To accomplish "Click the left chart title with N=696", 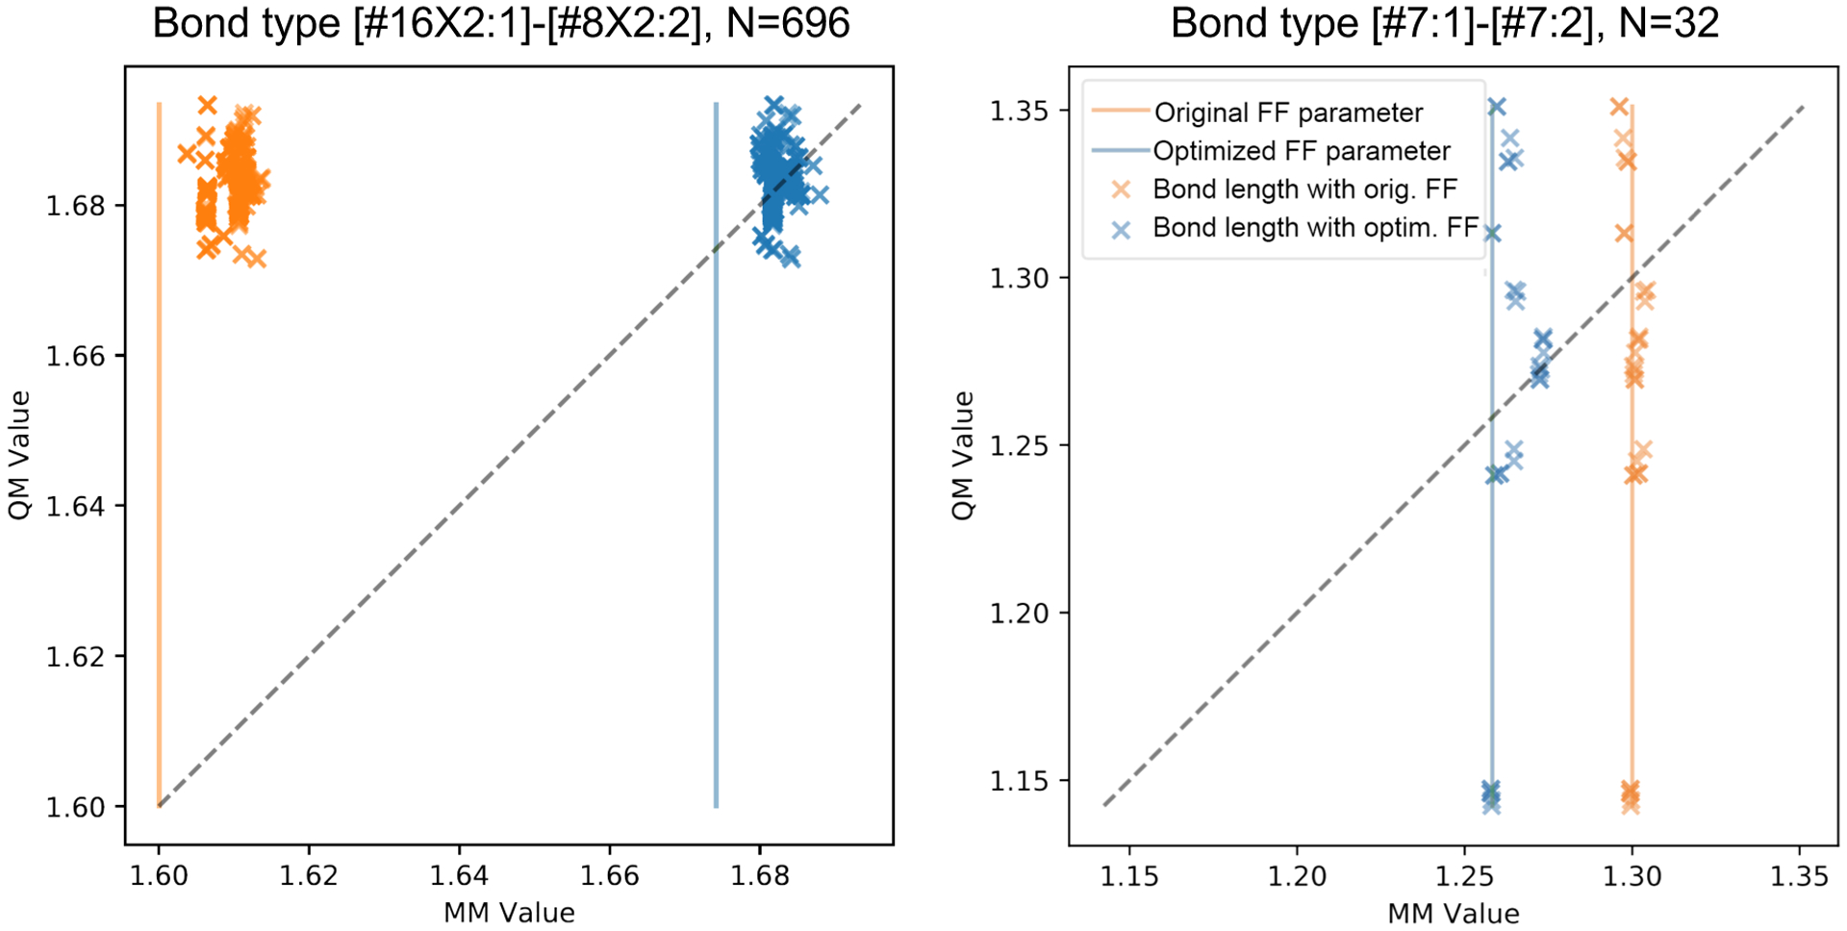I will (x=501, y=23).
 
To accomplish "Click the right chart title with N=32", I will (x=1444, y=23).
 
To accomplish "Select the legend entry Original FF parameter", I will (x=1288, y=113).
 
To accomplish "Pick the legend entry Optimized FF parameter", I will (x=1302, y=151).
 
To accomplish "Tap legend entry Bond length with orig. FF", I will (x=1304, y=189).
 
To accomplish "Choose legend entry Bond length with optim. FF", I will (x=1315, y=228).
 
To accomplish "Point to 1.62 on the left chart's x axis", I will (x=309, y=876).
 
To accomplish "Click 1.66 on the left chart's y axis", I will (x=76, y=357).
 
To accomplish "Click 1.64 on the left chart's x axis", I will (x=459, y=876).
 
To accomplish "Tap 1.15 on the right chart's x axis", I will (x=1129, y=876).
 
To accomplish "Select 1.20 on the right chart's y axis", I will (x=1020, y=614).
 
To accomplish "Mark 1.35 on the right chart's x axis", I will (x=1800, y=876).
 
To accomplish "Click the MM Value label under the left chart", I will (x=509, y=913).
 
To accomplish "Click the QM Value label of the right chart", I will (x=963, y=456).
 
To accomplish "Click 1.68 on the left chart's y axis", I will (x=76, y=206).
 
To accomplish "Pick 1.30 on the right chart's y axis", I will (x=1020, y=278).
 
